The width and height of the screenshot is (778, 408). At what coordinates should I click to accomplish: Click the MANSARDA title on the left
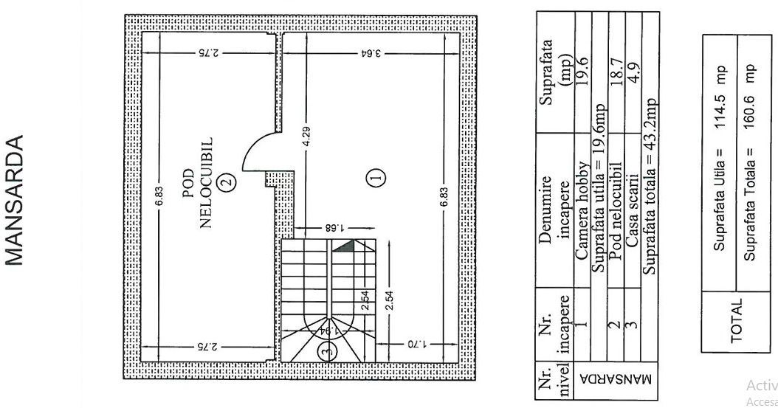click(x=17, y=199)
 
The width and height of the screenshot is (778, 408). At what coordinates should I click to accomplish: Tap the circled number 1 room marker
click(x=376, y=177)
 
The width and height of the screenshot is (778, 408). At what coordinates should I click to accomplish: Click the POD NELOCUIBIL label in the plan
click(x=197, y=181)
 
